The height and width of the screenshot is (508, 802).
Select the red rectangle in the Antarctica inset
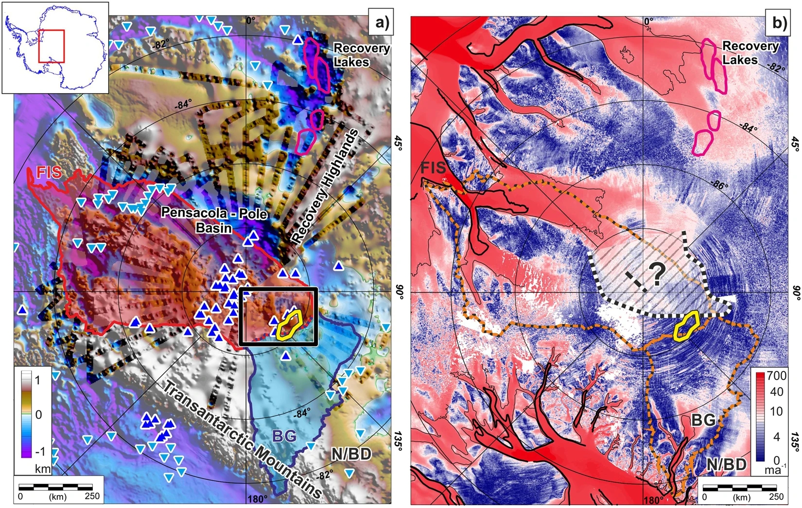(x=51, y=46)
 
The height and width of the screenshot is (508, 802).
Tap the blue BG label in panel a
(x=284, y=436)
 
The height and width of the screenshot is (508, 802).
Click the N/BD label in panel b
(x=726, y=464)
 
